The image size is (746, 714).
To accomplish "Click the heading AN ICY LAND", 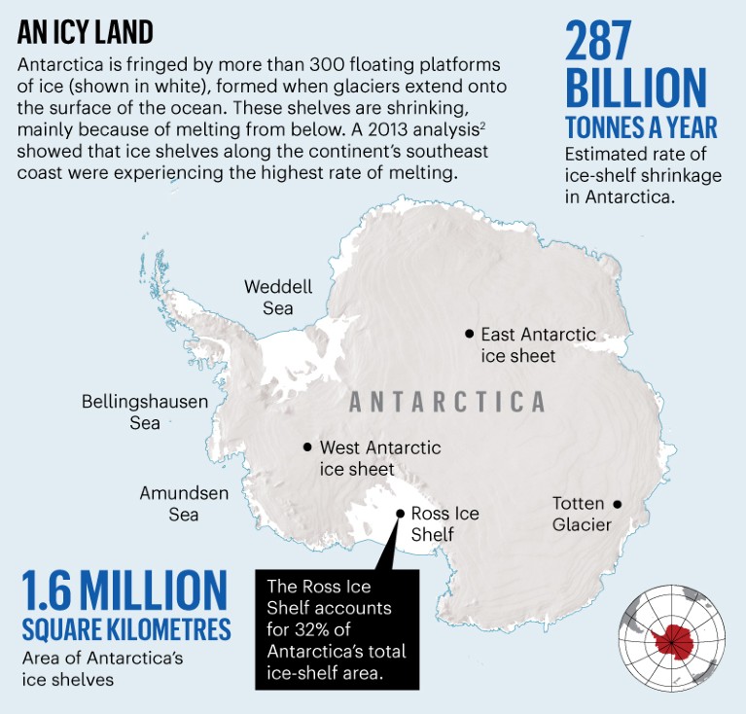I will pyautogui.click(x=86, y=32).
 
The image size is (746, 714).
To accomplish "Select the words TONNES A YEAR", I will pyautogui.click(x=641, y=127).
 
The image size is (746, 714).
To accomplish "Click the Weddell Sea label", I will pyautogui.click(x=278, y=298).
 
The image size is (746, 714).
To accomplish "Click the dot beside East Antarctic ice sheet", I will pyautogui.click(x=469, y=334).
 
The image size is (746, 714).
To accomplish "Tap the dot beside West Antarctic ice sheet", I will pyautogui.click(x=307, y=447).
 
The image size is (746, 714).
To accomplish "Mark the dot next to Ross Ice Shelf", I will pyautogui.click(x=399, y=514).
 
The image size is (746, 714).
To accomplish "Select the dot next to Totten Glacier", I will pyautogui.click(x=616, y=504).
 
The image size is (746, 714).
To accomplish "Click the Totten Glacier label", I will pyautogui.click(x=581, y=515).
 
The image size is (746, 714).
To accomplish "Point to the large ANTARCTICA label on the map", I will pyautogui.click(x=446, y=402).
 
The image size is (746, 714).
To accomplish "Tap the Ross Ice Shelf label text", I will pyautogui.click(x=444, y=523).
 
